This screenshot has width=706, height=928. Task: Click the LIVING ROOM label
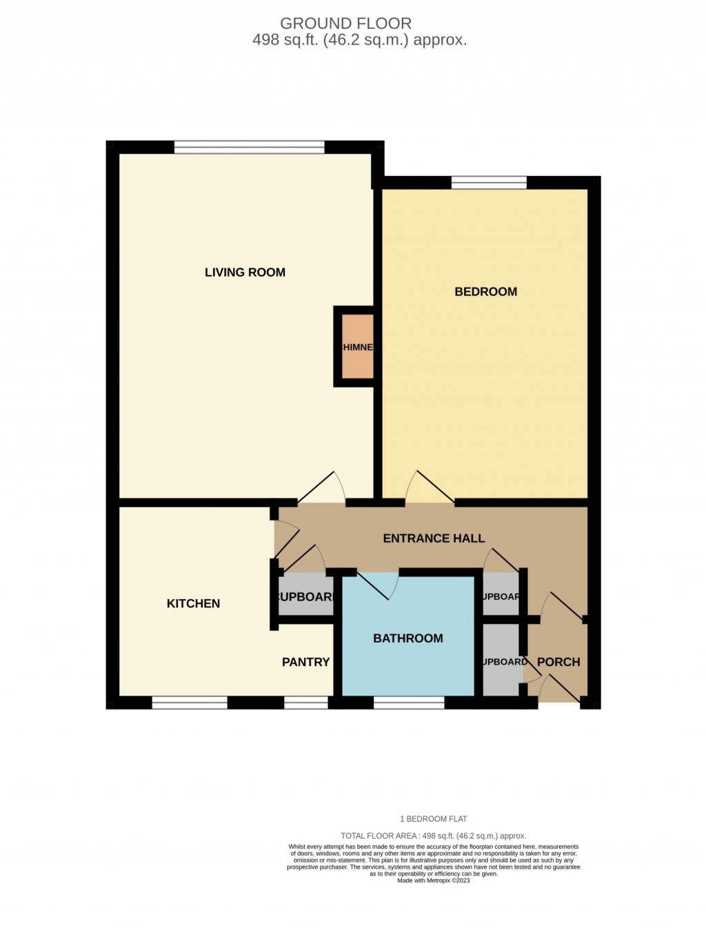[245, 272]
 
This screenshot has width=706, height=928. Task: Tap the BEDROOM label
[485, 292]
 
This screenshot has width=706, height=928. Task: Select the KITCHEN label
[193, 603]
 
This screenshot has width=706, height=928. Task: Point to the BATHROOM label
[407, 638]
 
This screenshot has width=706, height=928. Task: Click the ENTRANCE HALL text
[434, 538]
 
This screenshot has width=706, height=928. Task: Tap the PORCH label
[558, 662]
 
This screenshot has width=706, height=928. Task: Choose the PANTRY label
[305, 662]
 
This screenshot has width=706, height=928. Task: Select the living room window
[249, 147]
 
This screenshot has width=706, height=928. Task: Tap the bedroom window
[489, 183]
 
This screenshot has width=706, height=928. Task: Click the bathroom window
[409, 703]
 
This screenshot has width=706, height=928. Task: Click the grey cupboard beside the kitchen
[305, 596]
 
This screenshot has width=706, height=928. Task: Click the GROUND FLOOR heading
[345, 23]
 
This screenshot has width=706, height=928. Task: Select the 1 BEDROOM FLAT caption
[433, 819]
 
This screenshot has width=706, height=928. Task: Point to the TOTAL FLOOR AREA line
[433, 836]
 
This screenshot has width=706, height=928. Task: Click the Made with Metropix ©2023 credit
[433, 880]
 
